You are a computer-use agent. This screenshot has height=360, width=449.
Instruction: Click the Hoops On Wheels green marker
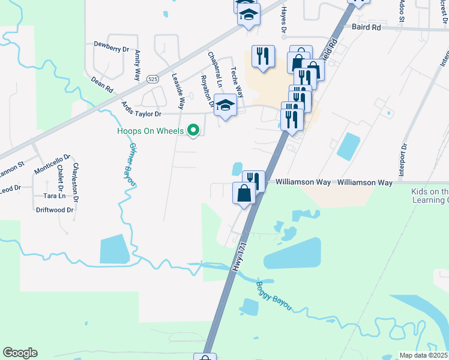(x=193, y=130)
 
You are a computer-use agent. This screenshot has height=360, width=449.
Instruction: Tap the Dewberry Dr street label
(x=112, y=44)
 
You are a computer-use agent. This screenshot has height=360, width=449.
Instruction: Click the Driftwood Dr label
(x=55, y=210)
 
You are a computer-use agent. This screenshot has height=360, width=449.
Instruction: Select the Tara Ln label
(x=54, y=196)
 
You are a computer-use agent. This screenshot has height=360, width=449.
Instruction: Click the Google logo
(x=20, y=353)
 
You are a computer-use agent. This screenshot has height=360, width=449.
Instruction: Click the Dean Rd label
(x=102, y=83)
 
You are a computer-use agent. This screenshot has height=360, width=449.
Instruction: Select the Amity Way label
(x=137, y=65)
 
